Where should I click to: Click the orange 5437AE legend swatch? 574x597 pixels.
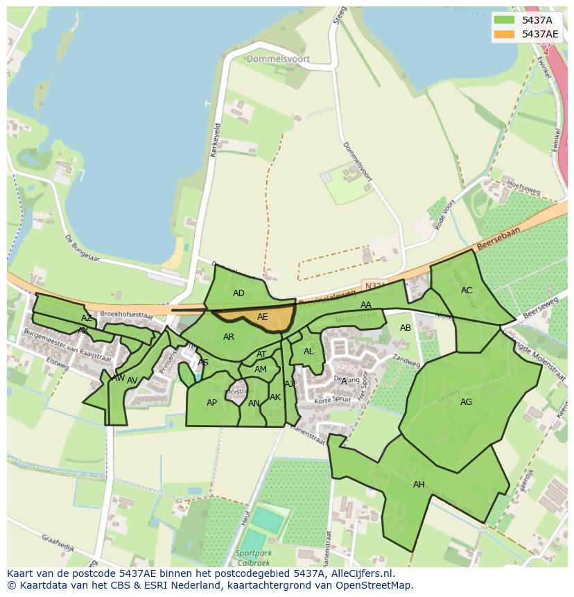[x=504, y=34]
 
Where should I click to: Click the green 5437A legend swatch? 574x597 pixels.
[x=504, y=20]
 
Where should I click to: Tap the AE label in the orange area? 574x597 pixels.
[x=262, y=317]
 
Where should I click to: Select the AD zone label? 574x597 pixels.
[x=238, y=293]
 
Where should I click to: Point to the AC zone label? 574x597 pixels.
[x=467, y=291]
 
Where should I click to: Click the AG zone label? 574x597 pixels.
[x=466, y=402]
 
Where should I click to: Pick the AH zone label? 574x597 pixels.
[x=419, y=485]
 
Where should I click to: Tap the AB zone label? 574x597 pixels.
[x=406, y=328]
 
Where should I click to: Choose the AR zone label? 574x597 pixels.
[x=229, y=338]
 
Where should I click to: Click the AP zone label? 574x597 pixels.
[x=211, y=403]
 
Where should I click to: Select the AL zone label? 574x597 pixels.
[x=308, y=352]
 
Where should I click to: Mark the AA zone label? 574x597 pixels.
[x=366, y=305]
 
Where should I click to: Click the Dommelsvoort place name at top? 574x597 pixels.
[x=278, y=60]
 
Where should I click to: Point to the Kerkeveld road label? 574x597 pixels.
[x=216, y=139]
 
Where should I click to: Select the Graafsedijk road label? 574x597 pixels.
[x=58, y=539]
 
